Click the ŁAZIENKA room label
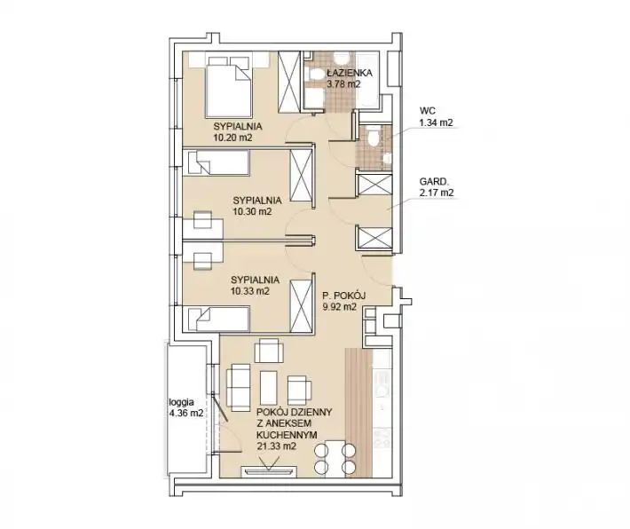[349, 73]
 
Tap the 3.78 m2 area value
[343, 84]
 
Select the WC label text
[427, 111]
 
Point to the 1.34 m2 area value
[436, 122]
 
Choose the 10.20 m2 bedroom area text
[232, 138]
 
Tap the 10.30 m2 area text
[252, 211]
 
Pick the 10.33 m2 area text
[250, 291]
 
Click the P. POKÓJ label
[343, 296]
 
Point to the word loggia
[182, 401]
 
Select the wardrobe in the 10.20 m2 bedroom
[289, 83]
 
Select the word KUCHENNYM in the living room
[287, 435]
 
